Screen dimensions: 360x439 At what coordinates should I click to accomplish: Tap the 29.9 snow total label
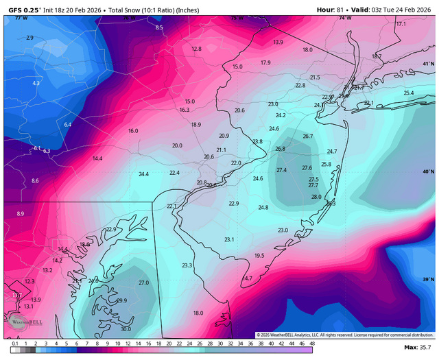(121, 300)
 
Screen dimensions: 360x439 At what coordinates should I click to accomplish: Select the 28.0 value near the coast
(316, 197)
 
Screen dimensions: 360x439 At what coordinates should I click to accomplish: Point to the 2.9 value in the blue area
(29, 38)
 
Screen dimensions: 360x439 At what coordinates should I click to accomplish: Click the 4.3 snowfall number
(36, 83)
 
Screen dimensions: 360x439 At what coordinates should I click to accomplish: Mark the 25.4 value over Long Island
(409, 93)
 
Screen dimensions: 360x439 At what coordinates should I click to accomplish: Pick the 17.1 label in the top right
(401, 24)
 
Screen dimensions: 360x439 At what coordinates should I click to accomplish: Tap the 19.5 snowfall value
(259, 255)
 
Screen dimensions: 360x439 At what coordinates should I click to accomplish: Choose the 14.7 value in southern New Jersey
(247, 278)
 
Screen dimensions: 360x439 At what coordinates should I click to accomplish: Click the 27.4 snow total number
(281, 170)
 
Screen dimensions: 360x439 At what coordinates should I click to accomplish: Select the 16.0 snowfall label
(133, 130)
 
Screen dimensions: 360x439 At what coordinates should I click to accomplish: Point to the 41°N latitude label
(428, 64)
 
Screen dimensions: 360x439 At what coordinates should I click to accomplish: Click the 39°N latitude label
(428, 279)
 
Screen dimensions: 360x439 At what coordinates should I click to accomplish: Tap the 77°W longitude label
(22, 17)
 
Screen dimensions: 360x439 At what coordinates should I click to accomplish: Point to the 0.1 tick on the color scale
(15, 343)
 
